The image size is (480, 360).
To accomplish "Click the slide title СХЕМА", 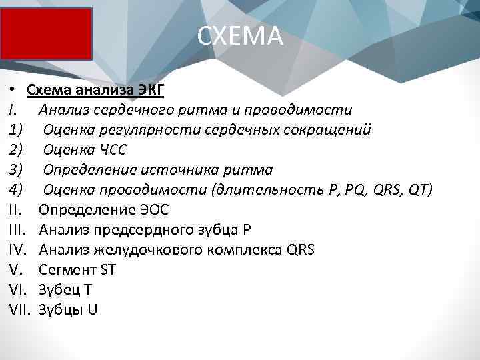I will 240,37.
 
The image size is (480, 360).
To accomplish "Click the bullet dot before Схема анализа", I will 13,89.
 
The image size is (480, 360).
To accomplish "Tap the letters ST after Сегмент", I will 107,270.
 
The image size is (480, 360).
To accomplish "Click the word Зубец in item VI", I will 57,290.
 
